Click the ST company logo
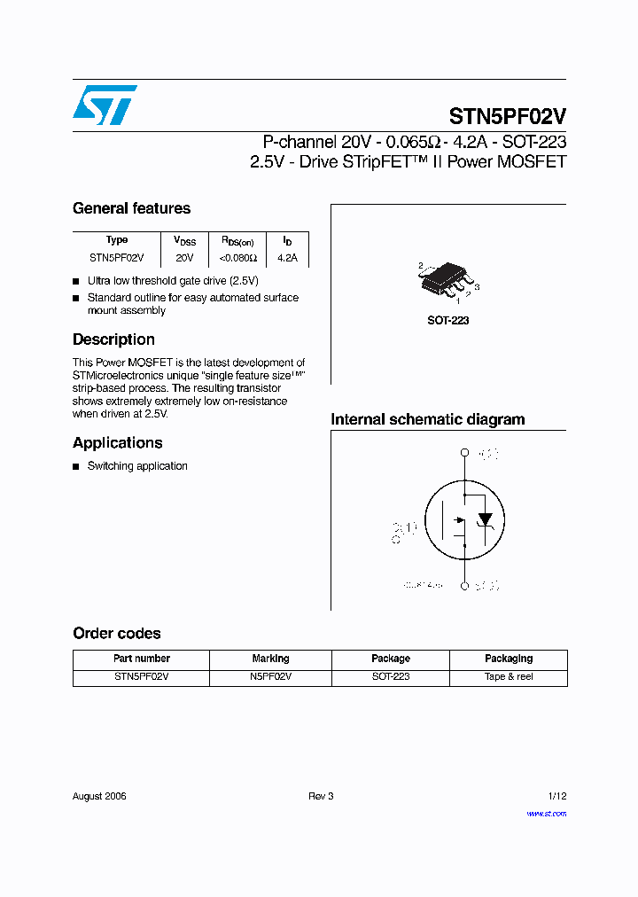coord(105,105)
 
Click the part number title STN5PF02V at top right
coord(507,117)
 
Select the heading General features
coord(131,208)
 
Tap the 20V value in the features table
coord(183,258)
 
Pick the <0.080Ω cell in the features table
coord(237,258)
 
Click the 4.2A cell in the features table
coord(287,258)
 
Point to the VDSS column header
coord(184,240)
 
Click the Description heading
coord(113,339)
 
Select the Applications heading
coord(117,443)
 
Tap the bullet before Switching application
coord(76,466)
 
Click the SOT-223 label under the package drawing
coord(447,321)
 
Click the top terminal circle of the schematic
coord(463,454)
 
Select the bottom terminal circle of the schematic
coord(463,586)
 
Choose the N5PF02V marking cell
coord(270,676)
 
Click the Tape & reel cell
coord(508,676)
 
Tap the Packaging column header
coord(508,659)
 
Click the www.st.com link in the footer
coord(546,813)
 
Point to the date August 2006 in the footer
coord(99,796)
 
